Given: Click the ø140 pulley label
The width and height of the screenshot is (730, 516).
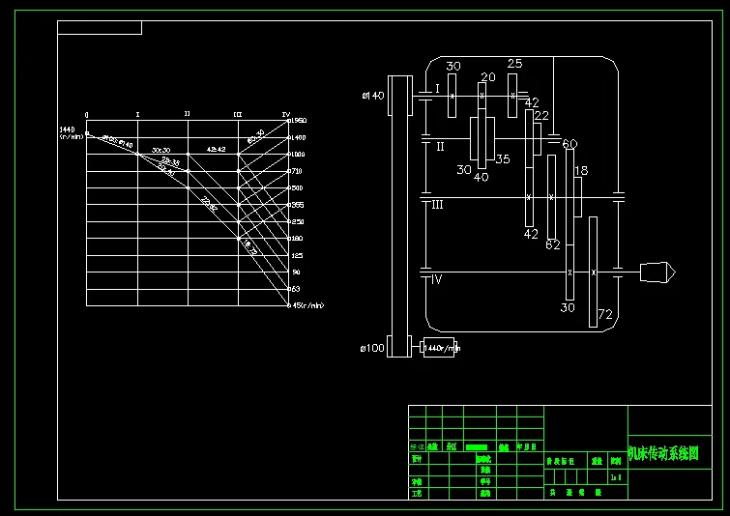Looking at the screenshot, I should [x=372, y=95].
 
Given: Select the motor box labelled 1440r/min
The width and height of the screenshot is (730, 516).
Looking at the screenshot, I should [x=441, y=347].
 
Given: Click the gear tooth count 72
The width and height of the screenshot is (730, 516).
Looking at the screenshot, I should [x=606, y=314].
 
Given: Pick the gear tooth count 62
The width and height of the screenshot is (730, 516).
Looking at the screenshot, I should [x=553, y=245].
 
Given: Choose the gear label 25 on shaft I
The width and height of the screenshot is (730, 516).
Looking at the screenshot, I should [x=514, y=64].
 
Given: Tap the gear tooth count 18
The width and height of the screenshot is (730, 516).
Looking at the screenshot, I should [x=581, y=171].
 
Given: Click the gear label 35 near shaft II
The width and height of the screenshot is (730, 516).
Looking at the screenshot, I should [x=503, y=159].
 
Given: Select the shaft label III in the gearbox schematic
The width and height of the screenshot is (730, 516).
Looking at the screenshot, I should [x=437, y=204].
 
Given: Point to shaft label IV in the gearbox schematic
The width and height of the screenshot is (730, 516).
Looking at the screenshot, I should [x=436, y=279].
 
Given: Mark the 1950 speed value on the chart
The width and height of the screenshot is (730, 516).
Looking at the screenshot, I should [x=299, y=120].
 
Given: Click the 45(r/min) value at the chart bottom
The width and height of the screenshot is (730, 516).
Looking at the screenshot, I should [x=307, y=305].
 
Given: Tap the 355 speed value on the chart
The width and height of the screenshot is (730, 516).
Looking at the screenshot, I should [x=298, y=205].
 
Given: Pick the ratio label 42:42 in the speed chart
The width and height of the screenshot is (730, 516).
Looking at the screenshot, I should [x=217, y=150].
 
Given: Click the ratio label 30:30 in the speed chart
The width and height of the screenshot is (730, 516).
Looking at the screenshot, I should [x=161, y=151].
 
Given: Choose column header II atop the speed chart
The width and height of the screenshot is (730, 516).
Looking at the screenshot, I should [x=187, y=114].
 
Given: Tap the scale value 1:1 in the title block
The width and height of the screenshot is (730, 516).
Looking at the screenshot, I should [x=616, y=477].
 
